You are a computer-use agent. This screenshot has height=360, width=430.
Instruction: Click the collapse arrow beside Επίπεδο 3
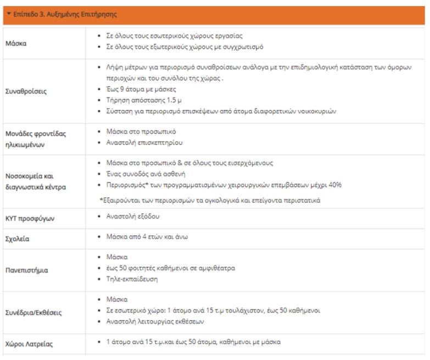[x=9, y=14]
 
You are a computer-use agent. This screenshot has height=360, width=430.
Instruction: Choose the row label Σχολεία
[x=17, y=239]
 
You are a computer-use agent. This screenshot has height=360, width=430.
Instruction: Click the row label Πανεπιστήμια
[x=27, y=270]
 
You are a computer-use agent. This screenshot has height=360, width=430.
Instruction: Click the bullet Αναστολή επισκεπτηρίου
[x=144, y=142]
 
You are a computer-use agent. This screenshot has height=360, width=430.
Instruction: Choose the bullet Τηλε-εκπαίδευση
[x=132, y=279]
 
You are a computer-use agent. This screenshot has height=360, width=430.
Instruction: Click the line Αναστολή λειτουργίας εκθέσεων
[x=155, y=321]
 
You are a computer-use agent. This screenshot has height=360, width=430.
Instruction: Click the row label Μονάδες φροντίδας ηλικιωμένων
[x=36, y=139]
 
